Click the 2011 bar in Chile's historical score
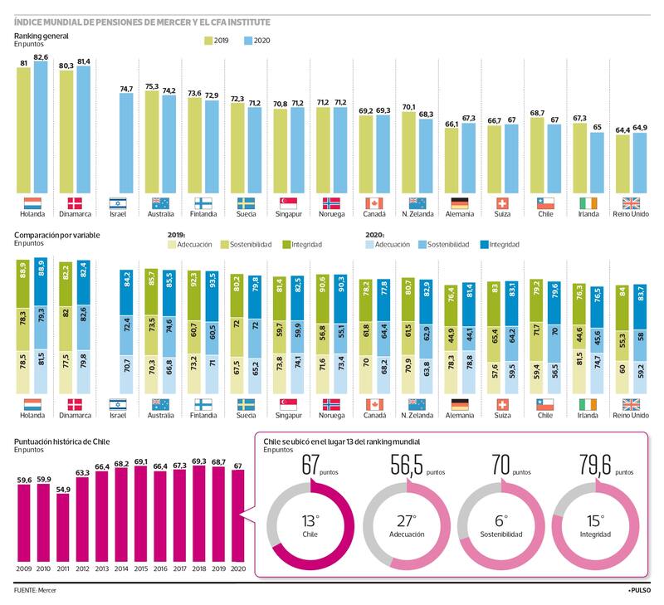coord(63,528)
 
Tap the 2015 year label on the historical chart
coord(141,568)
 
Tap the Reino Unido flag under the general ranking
coord(631,202)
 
